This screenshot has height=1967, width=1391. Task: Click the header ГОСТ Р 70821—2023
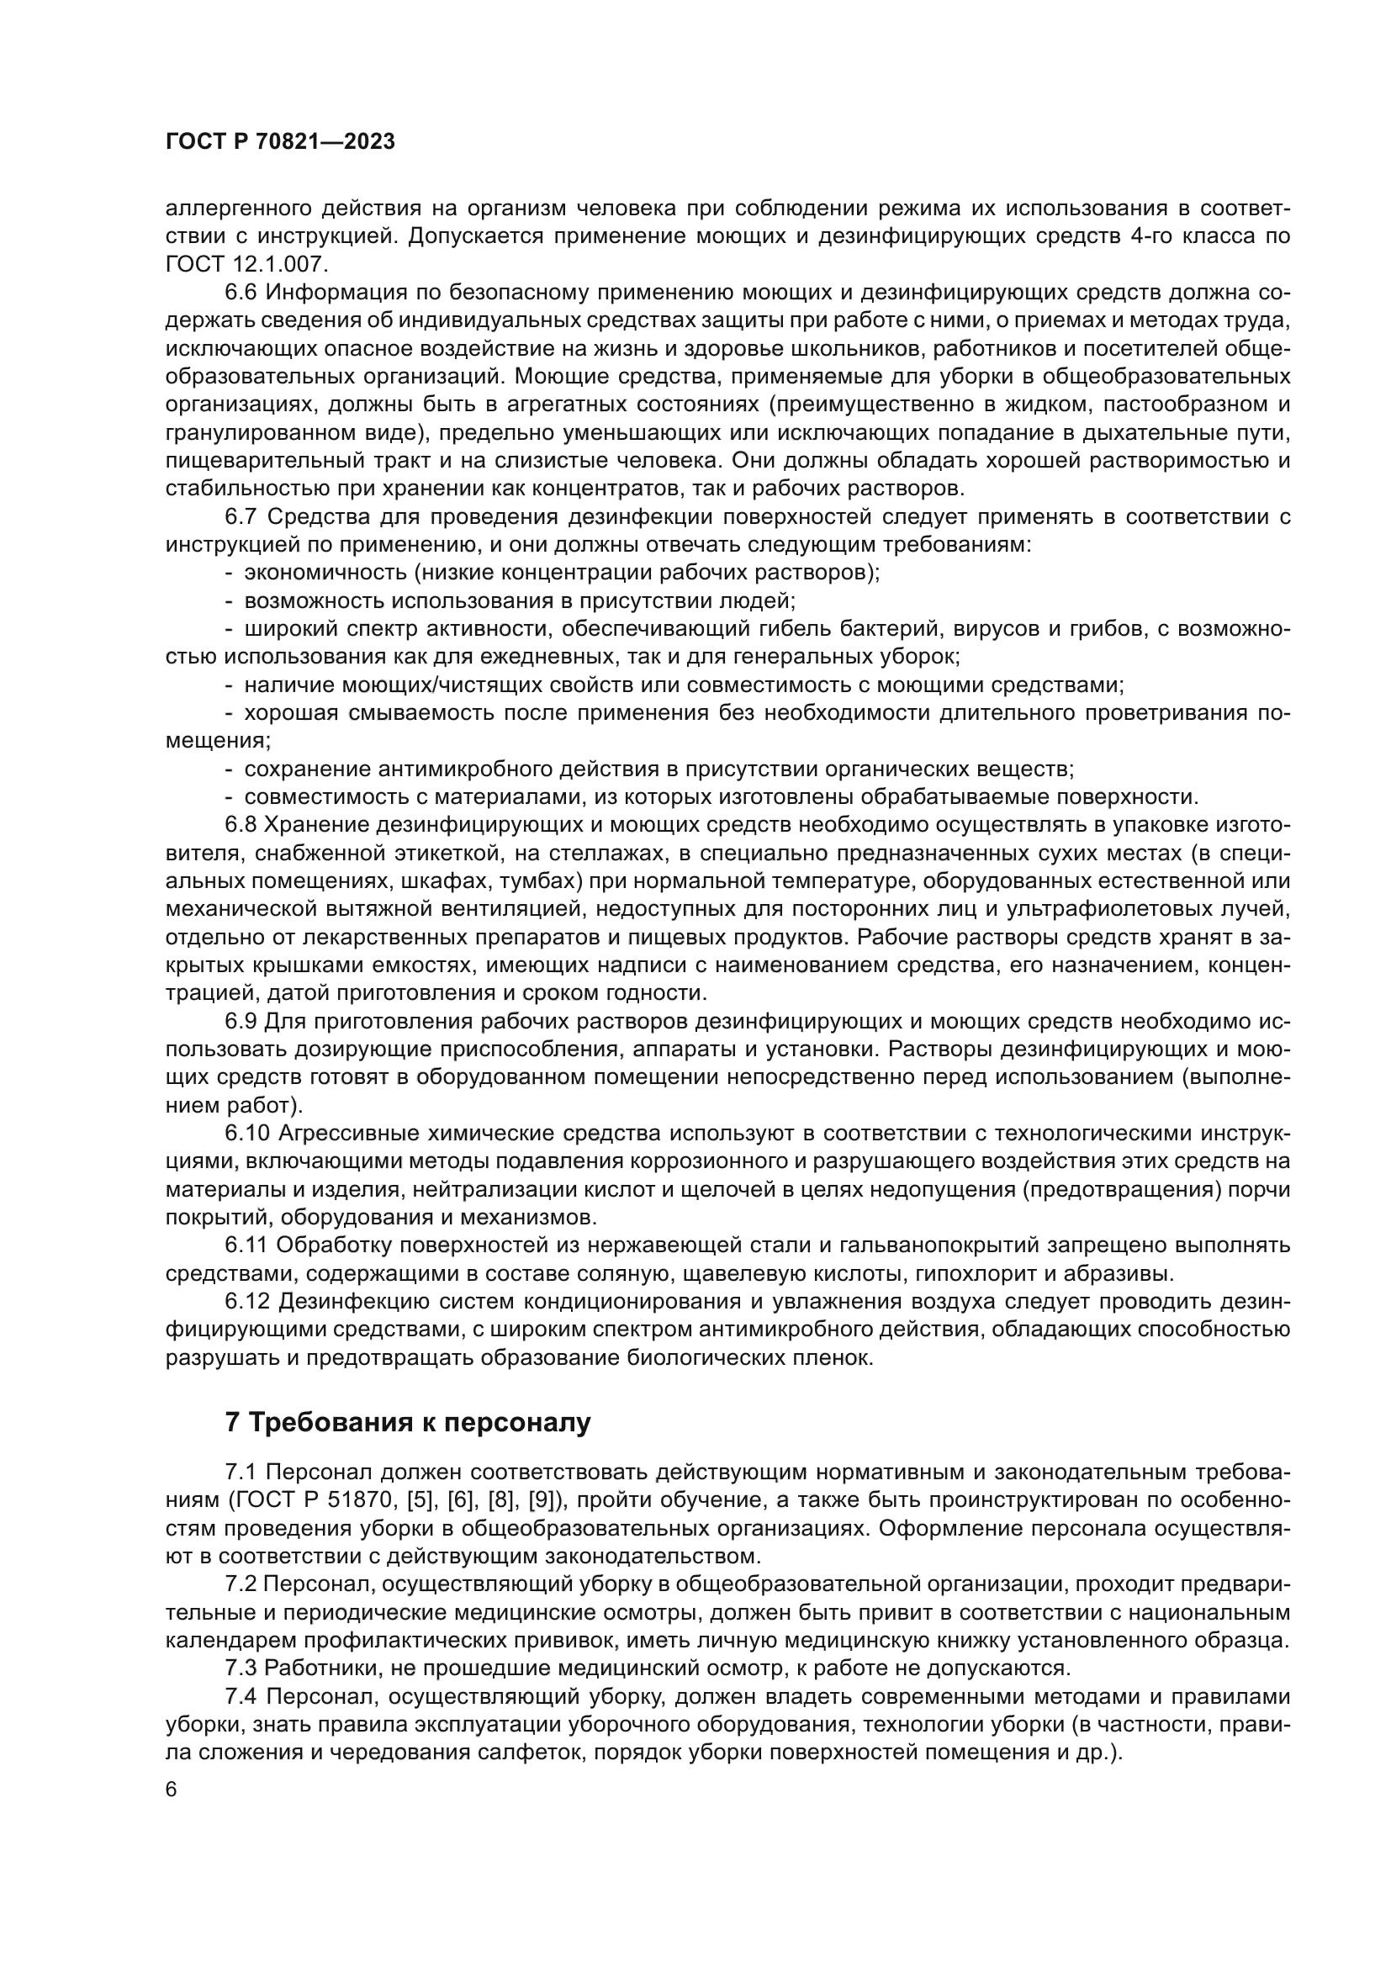coord(280,142)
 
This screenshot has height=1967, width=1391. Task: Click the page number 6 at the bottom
coord(172,1790)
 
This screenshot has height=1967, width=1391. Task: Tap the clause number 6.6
coord(241,293)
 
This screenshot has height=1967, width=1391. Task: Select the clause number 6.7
coord(241,517)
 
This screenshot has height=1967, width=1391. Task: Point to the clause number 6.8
coord(241,825)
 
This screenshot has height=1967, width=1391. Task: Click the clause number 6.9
coord(241,1021)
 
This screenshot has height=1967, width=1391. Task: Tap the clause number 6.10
coord(246,1134)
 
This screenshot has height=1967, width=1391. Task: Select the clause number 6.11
coord(245,1245)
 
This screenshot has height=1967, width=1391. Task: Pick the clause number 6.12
coord(246,1301)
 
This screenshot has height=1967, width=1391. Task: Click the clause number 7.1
coord(241,1473)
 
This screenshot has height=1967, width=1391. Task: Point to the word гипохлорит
coord(969,1273)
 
